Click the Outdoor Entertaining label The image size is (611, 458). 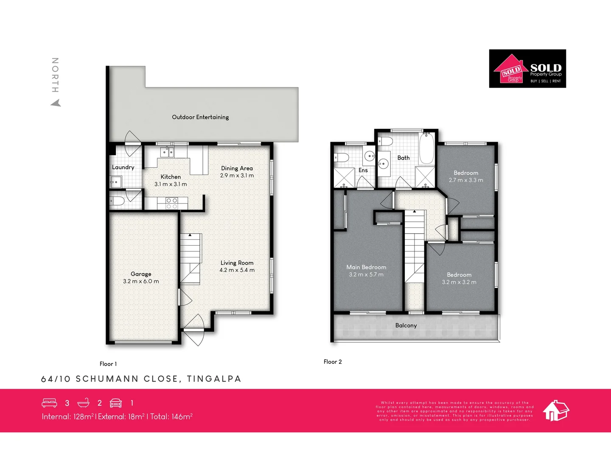pyautogui.click(x=200, y=117)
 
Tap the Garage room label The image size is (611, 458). pyautogui.click(x=141, y=274)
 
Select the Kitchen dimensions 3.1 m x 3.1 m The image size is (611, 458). pyautogui.click(x=171, y=184)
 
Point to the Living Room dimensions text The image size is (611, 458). pyautogui.click(x=237, y=270)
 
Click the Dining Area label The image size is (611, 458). pyautogui.click(x=237, y=168)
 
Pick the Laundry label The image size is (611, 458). pyautogui.click(x=123, y=167)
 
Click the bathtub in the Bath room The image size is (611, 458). pyautogui.click(x=426, y=148)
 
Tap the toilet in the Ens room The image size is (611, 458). pyautogui.click(x=342, y=158)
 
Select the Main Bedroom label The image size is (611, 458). pyautogui.click(x=366, y=267)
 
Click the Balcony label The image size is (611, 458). pyautogui.click(x=406, y=326)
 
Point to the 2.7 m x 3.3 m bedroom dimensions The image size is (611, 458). pyautogui.click(x=466, y=180)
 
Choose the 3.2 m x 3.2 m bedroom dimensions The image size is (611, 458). pyautogui.click(x=459, y=282)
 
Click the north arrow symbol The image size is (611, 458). pyautogui.click(x=56, y=103)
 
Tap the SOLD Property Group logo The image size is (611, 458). pyautogui.click(x=527, y=69)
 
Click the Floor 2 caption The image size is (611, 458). pyautogui.click(x=333, y=362)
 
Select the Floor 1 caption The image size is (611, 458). pyautogui.click(x=108, y=364)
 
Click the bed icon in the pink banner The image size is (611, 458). pyautogui.click(x=49, y=403)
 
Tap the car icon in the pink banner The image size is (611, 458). pyautogui.click(x=116, y=403)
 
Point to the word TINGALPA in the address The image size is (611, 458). pyautogui.click(x=214, y=379)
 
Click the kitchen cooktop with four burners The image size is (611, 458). pyautogui.click(x=172, y=203)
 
